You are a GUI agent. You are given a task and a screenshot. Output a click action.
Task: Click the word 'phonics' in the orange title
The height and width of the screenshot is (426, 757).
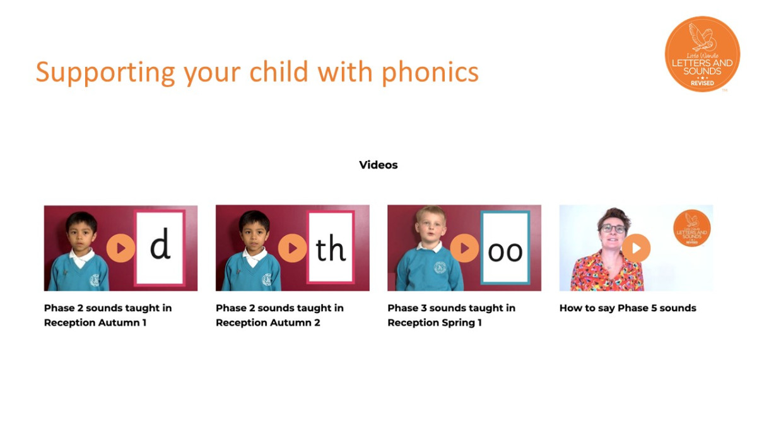point(430,73)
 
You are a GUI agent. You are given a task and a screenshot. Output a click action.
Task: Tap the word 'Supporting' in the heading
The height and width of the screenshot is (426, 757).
point(105,73)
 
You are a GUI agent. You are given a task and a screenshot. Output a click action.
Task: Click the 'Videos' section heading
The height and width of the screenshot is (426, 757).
point(378,165)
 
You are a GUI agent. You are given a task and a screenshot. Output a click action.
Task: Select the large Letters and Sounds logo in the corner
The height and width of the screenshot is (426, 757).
point(702,54)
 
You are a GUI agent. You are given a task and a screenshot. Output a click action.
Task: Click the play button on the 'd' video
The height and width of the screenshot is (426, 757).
point(120,248)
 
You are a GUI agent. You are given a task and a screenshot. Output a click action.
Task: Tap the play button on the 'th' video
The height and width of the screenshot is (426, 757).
point(292,248)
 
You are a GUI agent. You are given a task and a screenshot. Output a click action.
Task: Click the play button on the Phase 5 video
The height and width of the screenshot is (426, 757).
point(636,248)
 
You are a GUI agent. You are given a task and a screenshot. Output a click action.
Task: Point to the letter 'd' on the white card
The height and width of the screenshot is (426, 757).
point(160,244)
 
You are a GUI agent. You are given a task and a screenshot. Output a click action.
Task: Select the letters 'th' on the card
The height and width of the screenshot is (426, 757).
point(330,248)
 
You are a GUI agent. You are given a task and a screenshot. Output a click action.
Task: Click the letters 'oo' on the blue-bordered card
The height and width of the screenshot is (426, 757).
point(505,252)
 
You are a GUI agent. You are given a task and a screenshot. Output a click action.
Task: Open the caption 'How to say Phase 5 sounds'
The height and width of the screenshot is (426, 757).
point(628,308)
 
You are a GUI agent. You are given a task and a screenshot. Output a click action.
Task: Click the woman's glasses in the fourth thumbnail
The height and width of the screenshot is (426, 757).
point(613,228)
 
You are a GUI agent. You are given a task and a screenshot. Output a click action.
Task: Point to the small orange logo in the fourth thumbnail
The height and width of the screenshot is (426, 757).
point(692,228)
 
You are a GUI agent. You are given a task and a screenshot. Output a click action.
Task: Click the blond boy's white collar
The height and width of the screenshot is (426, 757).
point(429,247)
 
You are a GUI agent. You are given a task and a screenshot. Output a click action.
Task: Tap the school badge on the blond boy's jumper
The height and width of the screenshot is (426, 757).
point(440,268)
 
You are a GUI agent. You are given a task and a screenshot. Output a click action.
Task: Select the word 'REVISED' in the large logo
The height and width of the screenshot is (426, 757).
point(702,83)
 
